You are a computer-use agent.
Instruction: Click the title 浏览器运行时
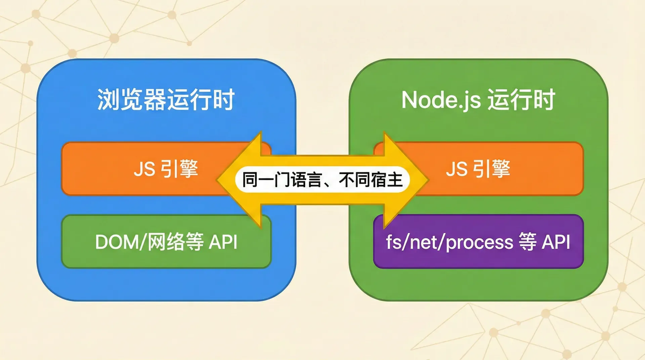166,100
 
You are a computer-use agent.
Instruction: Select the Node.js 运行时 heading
478,100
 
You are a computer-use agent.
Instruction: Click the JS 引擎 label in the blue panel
166,169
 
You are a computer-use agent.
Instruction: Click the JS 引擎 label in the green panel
478,169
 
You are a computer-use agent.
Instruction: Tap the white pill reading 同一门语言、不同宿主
322,180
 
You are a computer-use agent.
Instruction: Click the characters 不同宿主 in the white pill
371,180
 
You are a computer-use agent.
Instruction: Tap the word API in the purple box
556,242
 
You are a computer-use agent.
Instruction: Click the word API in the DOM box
223,242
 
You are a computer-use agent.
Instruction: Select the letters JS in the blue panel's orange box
144,169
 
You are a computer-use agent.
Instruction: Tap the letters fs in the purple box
393,242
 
